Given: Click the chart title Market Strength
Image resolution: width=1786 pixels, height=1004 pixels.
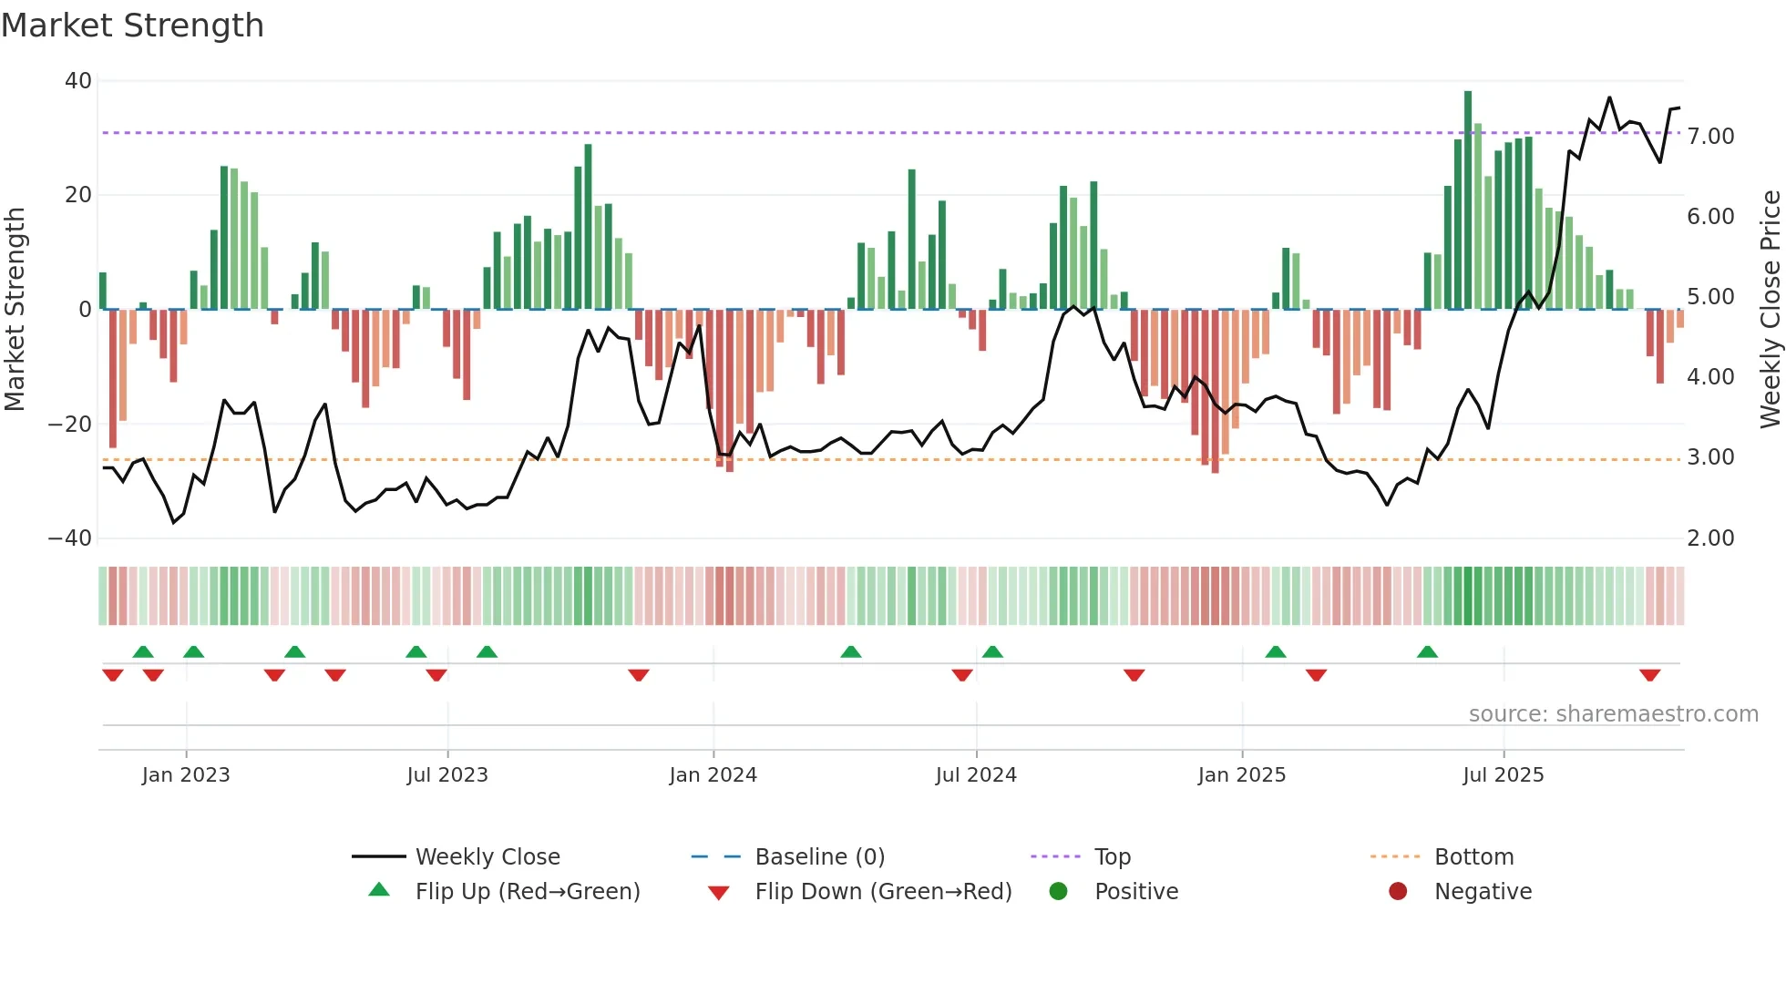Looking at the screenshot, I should (132, 26).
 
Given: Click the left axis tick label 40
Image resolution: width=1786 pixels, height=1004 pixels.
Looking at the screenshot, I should (78, 81).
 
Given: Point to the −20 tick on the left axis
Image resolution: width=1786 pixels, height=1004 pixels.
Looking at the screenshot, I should (70, 425).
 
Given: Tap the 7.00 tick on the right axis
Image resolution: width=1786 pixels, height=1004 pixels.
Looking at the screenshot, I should (1710, 137).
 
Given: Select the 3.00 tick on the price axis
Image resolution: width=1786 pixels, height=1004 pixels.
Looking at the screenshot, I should (1710, 457).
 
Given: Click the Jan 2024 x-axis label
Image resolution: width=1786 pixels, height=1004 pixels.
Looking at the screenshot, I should (713, 775).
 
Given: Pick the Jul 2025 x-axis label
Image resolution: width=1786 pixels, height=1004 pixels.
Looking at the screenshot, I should (1503, 775).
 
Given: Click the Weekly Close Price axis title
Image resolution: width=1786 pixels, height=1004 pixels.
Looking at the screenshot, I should (1770, 310).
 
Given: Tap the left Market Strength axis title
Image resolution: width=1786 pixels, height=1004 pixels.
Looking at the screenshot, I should (15, 310).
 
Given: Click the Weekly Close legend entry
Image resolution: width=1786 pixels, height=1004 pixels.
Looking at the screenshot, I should (487, 857).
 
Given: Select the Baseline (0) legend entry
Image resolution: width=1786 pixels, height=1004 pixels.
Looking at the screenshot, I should (819, 857).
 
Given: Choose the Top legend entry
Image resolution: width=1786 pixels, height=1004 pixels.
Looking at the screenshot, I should (1112, 857).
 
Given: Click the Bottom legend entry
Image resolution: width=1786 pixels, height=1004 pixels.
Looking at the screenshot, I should (1473, 857).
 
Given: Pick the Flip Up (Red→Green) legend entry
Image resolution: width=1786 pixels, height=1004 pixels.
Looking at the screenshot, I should (527, 892).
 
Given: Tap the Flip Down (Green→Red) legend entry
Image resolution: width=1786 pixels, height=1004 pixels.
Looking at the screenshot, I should (882, 892).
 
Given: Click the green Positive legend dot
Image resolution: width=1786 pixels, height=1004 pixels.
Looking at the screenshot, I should (1058, 892).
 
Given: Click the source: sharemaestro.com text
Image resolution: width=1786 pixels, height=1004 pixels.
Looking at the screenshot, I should (1613, 714).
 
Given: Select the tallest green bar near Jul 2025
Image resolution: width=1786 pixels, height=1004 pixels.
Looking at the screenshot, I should (1468, 200).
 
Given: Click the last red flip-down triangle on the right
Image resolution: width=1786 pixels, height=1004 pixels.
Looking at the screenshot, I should (1649, 675).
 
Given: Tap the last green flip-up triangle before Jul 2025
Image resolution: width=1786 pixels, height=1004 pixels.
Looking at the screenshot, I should (1427, 651).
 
